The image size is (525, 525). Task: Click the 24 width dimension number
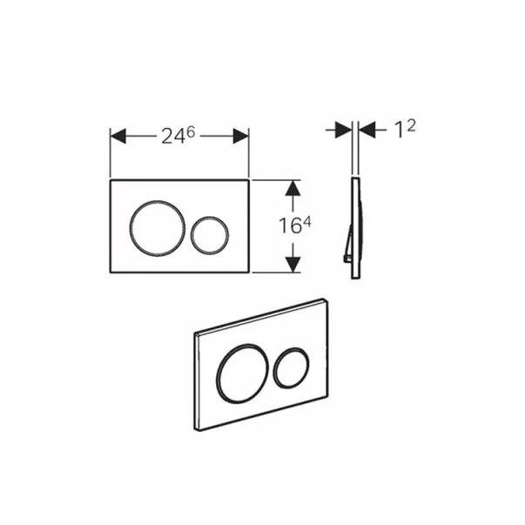pos(172,136)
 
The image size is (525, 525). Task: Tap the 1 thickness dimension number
pos(399,131)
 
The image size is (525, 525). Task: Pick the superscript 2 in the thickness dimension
pos(410,125)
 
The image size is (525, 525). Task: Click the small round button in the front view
pos(210,232)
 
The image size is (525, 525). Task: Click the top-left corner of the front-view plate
pos(111,182)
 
